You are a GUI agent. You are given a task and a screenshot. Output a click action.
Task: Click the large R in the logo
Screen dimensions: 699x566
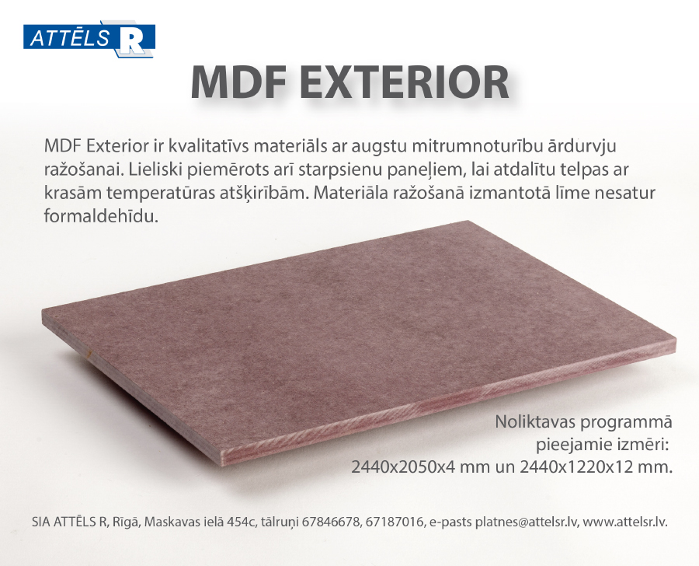131,40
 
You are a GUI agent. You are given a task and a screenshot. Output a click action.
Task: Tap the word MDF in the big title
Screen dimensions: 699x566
238,82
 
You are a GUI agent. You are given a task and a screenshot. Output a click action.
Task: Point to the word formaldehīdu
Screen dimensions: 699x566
101,216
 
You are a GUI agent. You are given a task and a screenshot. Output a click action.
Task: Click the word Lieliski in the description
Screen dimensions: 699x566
149,169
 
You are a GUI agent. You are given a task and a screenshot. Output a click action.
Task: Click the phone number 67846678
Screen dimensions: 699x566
331,522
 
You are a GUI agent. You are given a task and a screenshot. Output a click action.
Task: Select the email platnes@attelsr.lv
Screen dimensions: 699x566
527,522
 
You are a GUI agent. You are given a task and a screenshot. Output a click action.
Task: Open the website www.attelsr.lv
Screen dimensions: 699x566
625,522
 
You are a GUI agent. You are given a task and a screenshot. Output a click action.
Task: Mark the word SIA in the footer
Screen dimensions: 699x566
40,522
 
